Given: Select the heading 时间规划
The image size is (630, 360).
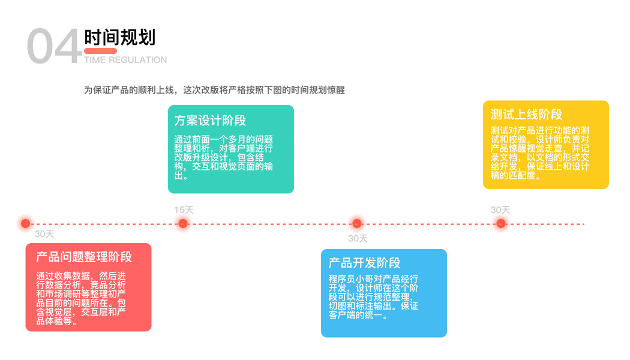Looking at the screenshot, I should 119,37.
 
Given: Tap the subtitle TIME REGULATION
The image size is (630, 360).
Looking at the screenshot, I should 125,60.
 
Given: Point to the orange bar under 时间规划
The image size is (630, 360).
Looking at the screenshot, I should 100,51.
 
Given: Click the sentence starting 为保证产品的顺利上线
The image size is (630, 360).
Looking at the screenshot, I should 214,90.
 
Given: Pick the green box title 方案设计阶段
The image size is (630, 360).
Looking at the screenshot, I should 210,121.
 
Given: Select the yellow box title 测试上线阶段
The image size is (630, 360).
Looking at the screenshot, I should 526,115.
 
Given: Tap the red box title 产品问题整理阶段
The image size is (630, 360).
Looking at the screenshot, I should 84,257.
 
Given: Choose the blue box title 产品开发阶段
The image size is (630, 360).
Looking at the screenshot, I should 364,263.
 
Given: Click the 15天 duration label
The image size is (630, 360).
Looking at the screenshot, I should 184,210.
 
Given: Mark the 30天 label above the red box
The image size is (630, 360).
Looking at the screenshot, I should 44,234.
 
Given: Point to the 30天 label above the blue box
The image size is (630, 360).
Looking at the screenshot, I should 358,238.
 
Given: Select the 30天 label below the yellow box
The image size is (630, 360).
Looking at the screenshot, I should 500,210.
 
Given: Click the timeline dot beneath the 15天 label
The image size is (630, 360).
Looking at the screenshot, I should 183,224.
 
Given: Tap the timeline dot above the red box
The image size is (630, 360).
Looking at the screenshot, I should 25,224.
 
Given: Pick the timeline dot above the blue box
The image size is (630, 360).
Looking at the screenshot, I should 357,224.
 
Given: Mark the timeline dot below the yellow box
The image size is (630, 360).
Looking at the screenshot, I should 501,224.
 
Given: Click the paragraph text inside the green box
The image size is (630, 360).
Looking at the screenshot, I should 223,157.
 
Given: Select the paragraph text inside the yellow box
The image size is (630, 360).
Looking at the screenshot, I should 540,152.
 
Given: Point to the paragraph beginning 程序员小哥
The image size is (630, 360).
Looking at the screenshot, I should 373,297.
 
